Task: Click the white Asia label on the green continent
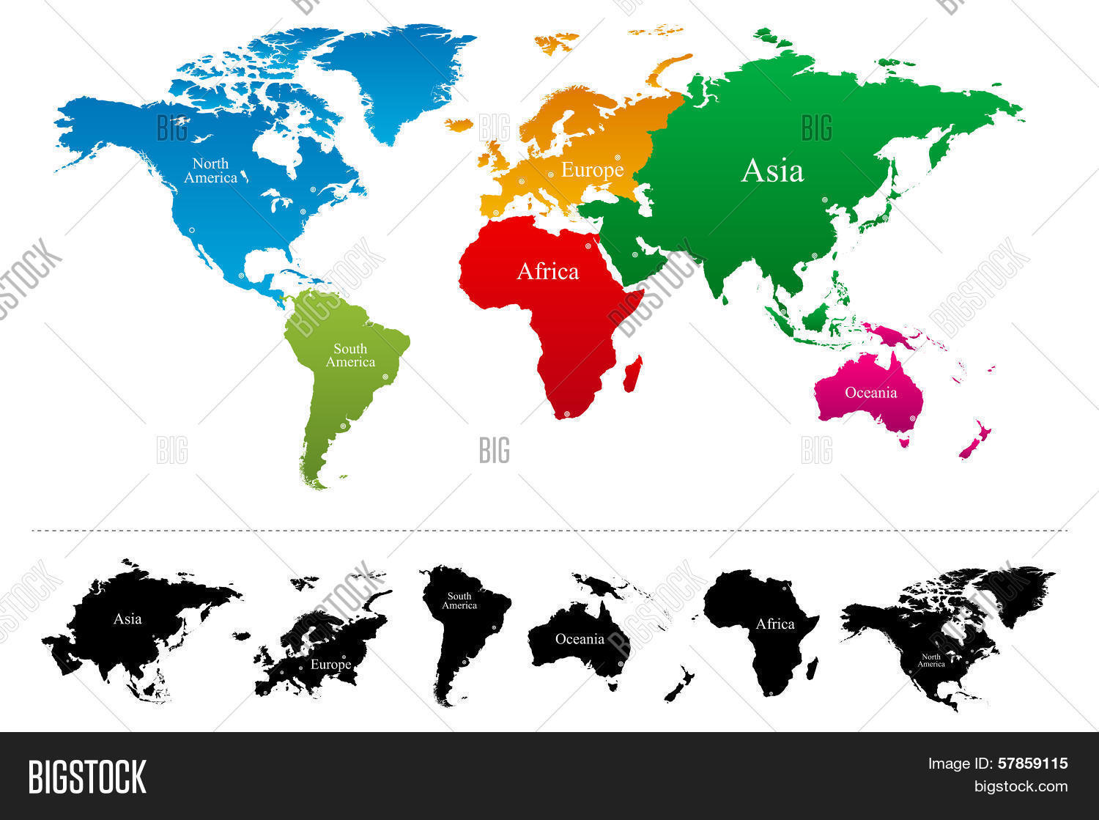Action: tap(772, 171)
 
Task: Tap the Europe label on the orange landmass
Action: tap(592, 170)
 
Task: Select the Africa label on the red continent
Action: tap(547, 271)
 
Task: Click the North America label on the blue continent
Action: tap(210, 171)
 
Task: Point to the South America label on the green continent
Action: tap(350, 355)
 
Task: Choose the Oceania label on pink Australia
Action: tap(870, 393)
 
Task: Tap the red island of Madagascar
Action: tap(632, 373)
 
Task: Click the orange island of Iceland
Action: tap(459, 125)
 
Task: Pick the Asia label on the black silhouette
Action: tap(127, 619)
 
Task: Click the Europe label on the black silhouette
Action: tap(330, 665)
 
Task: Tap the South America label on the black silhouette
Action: tap(459, 601)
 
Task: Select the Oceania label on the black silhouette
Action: tap(580, 639)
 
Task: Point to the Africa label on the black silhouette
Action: tap(775, 624)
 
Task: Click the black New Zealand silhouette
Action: tap(679, 684)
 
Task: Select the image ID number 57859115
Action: tap(1032, 764)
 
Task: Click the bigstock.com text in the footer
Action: tap(1021, 786)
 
